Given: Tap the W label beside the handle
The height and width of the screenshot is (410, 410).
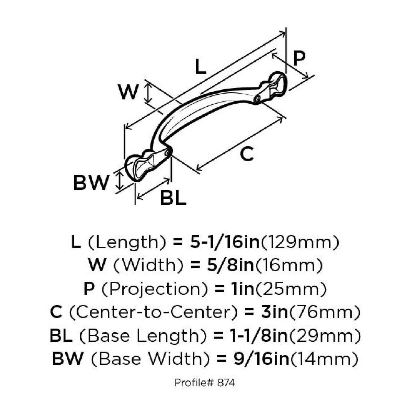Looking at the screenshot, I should coord(128,92).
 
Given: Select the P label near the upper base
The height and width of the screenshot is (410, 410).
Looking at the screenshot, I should coord(299,58).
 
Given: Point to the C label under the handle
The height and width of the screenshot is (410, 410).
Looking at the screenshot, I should coord(247,154).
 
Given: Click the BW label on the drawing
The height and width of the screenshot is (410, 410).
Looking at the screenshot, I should coord(91,183).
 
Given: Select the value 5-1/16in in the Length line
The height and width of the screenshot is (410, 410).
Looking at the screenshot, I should coord(225,242).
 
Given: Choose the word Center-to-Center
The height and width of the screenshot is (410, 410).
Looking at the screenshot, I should coord(153,312).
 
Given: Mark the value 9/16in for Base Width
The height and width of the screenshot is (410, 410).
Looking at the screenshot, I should coord(262,359).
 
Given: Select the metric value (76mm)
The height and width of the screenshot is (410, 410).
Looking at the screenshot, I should coord(324,312).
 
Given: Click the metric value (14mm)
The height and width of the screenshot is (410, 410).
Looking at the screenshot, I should coord(324,359).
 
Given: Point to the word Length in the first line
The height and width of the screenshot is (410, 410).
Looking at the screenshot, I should coord(127,242).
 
